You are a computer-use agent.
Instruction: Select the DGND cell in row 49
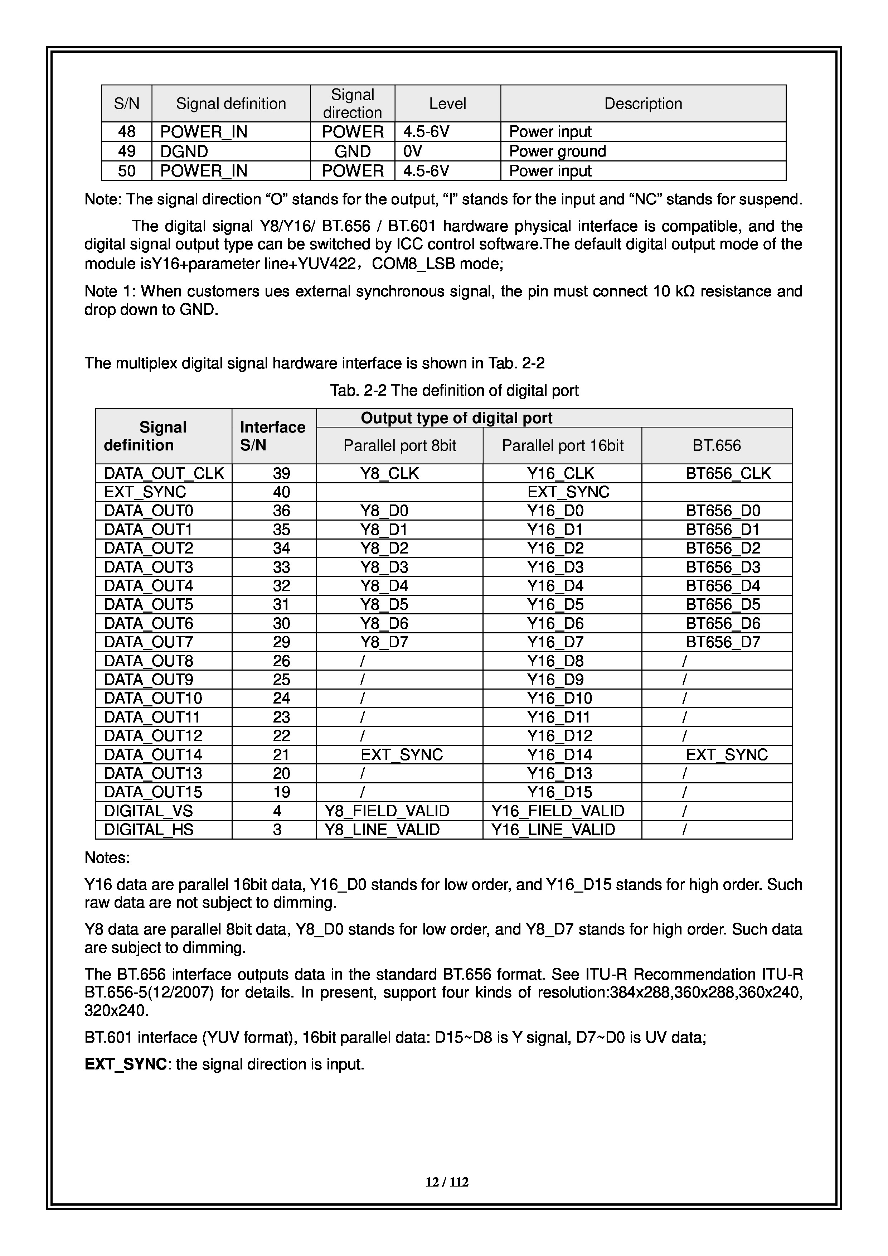(x=184, y=151)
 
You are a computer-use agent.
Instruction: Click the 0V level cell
(x=413, y=151)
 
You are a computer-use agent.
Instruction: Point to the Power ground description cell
(x=557, y=151)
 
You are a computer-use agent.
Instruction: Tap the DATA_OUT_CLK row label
(x=164, y=473)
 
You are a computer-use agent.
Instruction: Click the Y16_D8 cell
(x=555, y=661)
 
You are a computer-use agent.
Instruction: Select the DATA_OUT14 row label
(x=153, y=754)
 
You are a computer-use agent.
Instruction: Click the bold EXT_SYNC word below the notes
(x=126, y=1064)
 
